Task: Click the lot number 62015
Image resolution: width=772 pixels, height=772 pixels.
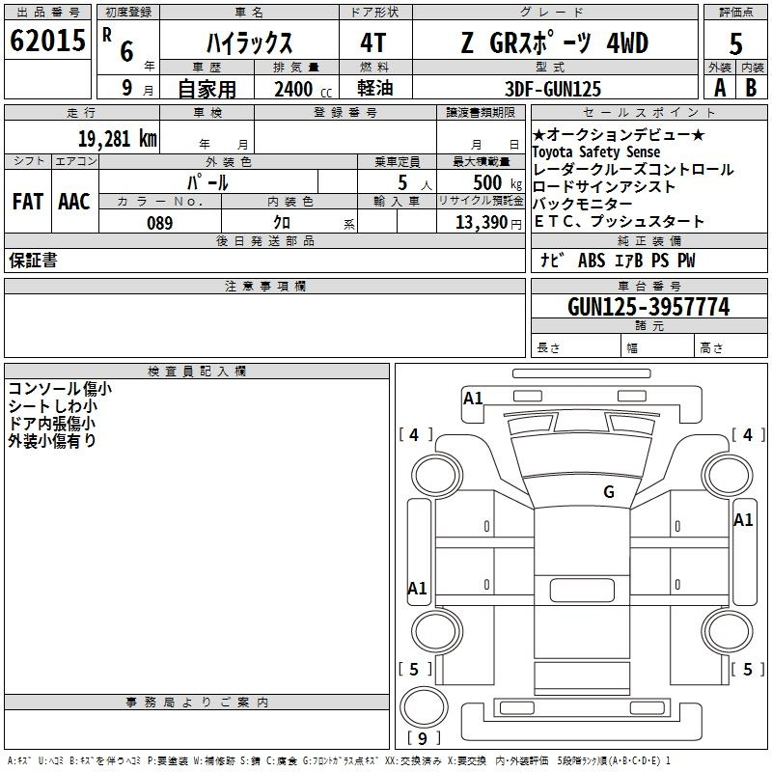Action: (47, 41)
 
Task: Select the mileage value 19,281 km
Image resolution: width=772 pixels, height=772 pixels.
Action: (118, 138)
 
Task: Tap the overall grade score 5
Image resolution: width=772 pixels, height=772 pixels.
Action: (735, 43)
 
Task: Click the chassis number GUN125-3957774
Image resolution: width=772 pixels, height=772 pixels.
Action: (648, 307)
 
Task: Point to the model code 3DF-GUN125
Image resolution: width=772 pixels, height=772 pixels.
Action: (553, 89)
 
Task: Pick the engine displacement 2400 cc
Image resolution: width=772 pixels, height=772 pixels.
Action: (303, 89)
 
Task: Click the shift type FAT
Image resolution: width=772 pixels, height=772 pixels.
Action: (28, 202)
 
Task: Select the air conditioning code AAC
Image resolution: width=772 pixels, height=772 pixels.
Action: (74, 202)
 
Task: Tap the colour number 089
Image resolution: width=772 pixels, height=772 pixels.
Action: (160, 223)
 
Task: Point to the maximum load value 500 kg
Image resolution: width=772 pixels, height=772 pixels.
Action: (497, 182)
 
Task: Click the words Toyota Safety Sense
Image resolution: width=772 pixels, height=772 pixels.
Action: (595, 152)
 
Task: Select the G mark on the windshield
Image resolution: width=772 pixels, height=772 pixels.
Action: (609, 491)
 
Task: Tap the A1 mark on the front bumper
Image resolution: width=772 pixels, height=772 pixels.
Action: (473, 398)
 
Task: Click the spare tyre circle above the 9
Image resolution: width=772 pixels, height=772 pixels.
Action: (424, 707)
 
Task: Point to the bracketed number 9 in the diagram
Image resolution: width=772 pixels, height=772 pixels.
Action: (423, 738)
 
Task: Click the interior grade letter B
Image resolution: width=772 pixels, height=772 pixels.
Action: (751, 88)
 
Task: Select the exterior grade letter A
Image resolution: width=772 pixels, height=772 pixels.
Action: (720, 88)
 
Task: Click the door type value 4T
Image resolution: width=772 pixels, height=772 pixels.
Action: (372, 43)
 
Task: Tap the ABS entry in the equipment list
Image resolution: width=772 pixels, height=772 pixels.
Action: (592, 261)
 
